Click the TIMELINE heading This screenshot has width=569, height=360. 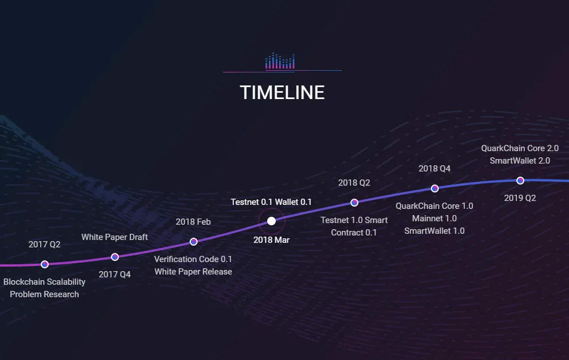click(283, 92)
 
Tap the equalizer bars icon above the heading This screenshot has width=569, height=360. click(280, 61)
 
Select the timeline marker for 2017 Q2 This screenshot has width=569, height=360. click(45, 264)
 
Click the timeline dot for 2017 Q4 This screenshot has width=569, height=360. click(115, 257)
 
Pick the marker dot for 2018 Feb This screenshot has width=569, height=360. click(194, 242)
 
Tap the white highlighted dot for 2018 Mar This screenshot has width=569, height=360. click(271, 221)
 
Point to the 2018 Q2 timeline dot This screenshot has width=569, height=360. click(354, 203)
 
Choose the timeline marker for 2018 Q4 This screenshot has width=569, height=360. click(435, 188)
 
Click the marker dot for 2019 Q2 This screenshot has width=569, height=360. click(520, 181)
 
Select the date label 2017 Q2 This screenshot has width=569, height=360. click(45, 244)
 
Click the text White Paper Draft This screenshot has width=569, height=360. click(115, 237)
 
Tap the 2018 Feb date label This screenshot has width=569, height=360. click(194, 222)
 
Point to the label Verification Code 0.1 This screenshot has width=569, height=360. click(193, 259)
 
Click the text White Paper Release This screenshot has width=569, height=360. click(194, 272)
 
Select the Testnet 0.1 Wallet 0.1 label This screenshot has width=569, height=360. click(271, 202)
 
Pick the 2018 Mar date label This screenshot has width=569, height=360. click(271, 240)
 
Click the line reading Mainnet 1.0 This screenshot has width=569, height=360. click(434, 218)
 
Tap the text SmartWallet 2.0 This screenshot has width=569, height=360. click(520, 160)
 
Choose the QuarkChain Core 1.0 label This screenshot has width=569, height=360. click(434, 206)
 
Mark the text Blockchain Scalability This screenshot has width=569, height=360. click(44, 282)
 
